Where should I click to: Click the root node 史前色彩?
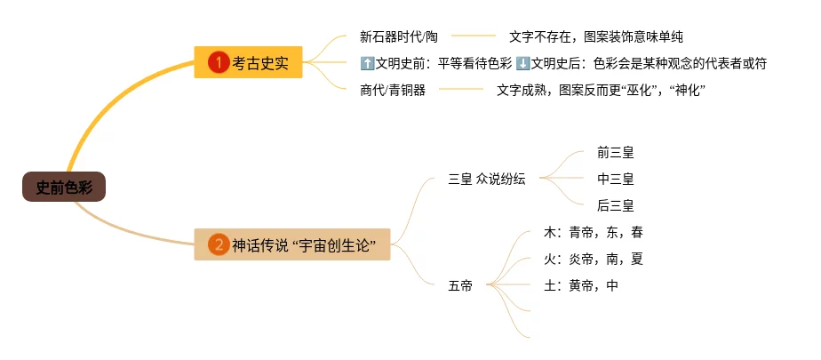(64, 188)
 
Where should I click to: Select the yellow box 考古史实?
(249, 63)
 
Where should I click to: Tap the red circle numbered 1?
(219, 63)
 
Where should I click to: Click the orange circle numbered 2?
(219, 244)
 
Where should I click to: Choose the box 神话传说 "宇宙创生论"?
(292, 244)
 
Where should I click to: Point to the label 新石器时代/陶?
(399, 36)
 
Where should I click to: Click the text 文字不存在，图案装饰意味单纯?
(595, 36)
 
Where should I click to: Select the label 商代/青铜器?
(392, 90)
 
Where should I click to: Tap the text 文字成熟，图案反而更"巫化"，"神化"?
(601, 90)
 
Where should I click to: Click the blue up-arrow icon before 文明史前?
(367, 63)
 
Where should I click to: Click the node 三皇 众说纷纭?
(487, 179)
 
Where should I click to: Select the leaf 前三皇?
(616, 153)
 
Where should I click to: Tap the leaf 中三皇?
(616, 179)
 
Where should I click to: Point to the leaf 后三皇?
(616, 205)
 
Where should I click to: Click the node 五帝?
(460, 285)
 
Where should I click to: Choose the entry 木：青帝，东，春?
(593, 233)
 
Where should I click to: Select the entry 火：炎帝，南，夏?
(593, 260)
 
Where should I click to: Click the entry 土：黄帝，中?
(580, 285)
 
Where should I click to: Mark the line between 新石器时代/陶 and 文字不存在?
(474, 36)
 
